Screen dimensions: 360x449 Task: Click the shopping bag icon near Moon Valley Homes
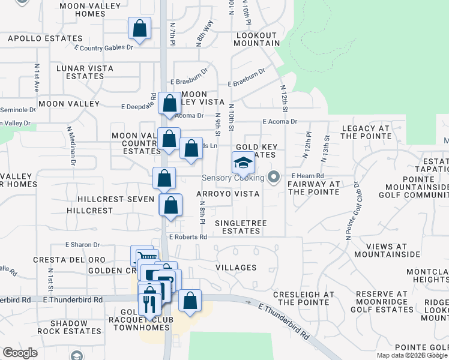[139, 28]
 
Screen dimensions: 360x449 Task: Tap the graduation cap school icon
[243, 162]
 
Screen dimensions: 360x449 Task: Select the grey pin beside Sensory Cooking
[274, 177]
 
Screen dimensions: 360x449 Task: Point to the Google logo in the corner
[19, 353]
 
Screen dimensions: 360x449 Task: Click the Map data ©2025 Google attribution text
[412, 355]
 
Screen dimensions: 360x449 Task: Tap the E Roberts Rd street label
[188, 237]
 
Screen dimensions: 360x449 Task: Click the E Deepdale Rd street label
[139, 106]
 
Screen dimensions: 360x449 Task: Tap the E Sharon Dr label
[82, 245]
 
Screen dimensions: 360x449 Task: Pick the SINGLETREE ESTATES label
[237, 227]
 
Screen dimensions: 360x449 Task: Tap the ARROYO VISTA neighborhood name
[228, 194]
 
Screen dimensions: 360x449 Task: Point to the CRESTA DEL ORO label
[69, 260]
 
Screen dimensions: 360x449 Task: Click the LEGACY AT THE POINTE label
[366, 132]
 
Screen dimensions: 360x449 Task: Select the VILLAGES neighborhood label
[235, 268]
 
